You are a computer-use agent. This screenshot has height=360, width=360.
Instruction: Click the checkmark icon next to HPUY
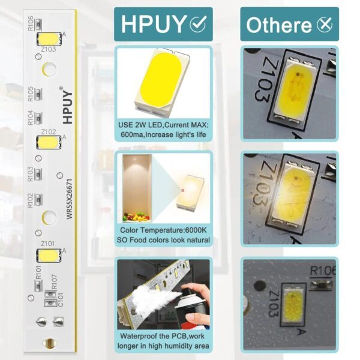[197, 24]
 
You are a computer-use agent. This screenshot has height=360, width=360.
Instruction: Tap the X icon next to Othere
[324, 25]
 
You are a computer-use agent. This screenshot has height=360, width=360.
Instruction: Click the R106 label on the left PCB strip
[31, 25]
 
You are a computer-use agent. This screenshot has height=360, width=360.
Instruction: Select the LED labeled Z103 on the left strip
[48, 37]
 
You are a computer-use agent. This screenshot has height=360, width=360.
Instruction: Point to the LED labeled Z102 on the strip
[48, 142]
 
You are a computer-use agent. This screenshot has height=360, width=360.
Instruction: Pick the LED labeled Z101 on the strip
[48, 254]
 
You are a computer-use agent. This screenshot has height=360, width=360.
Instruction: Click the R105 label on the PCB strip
[31, 94]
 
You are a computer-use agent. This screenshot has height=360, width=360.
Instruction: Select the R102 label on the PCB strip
[31, 200]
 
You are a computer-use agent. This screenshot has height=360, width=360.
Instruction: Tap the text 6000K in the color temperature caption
[192, 230]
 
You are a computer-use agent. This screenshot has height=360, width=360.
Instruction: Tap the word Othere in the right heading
[278, 25]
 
